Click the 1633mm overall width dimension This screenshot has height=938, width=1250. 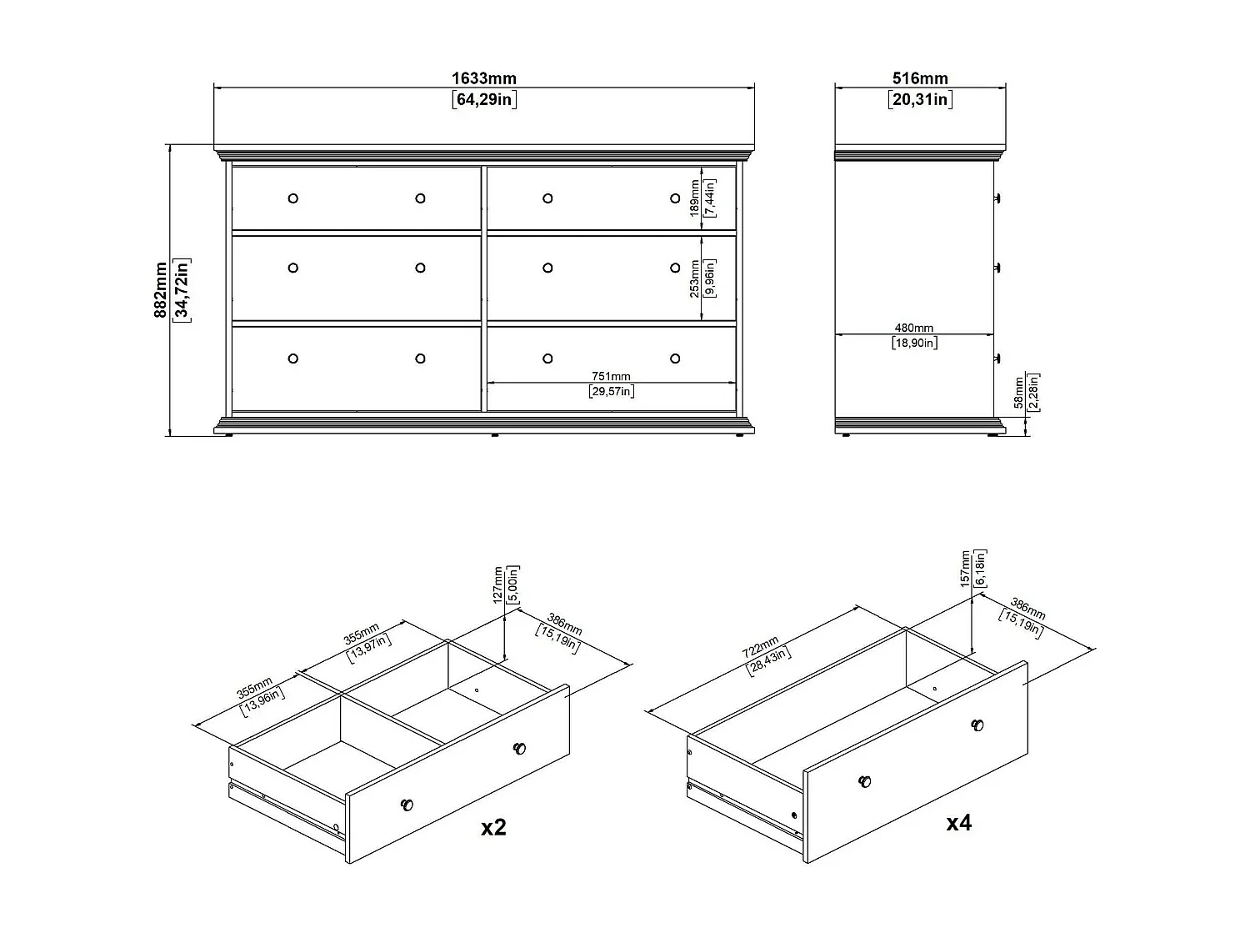point(483,78)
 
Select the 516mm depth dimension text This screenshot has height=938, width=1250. point(920,78)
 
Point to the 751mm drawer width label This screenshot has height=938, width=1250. point(611,377)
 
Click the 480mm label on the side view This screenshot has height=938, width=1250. point(914,329)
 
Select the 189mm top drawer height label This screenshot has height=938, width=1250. point(694,198)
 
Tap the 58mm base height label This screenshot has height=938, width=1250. point(1018,392)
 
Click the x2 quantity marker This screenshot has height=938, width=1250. point(493,827)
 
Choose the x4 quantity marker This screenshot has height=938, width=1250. point(958,823)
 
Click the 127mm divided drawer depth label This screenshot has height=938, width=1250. point(497,584)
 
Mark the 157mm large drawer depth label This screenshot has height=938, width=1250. point(966,568)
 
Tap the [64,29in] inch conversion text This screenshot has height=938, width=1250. point(483,100)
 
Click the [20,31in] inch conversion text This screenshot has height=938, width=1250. point(920,100)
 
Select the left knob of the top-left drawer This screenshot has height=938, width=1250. point(292,198)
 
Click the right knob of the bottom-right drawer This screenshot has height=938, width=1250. point(675,359)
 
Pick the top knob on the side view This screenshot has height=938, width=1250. point(997,198)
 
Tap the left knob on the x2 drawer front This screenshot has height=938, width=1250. point(407,805)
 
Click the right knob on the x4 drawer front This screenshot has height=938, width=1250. point(977,725)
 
